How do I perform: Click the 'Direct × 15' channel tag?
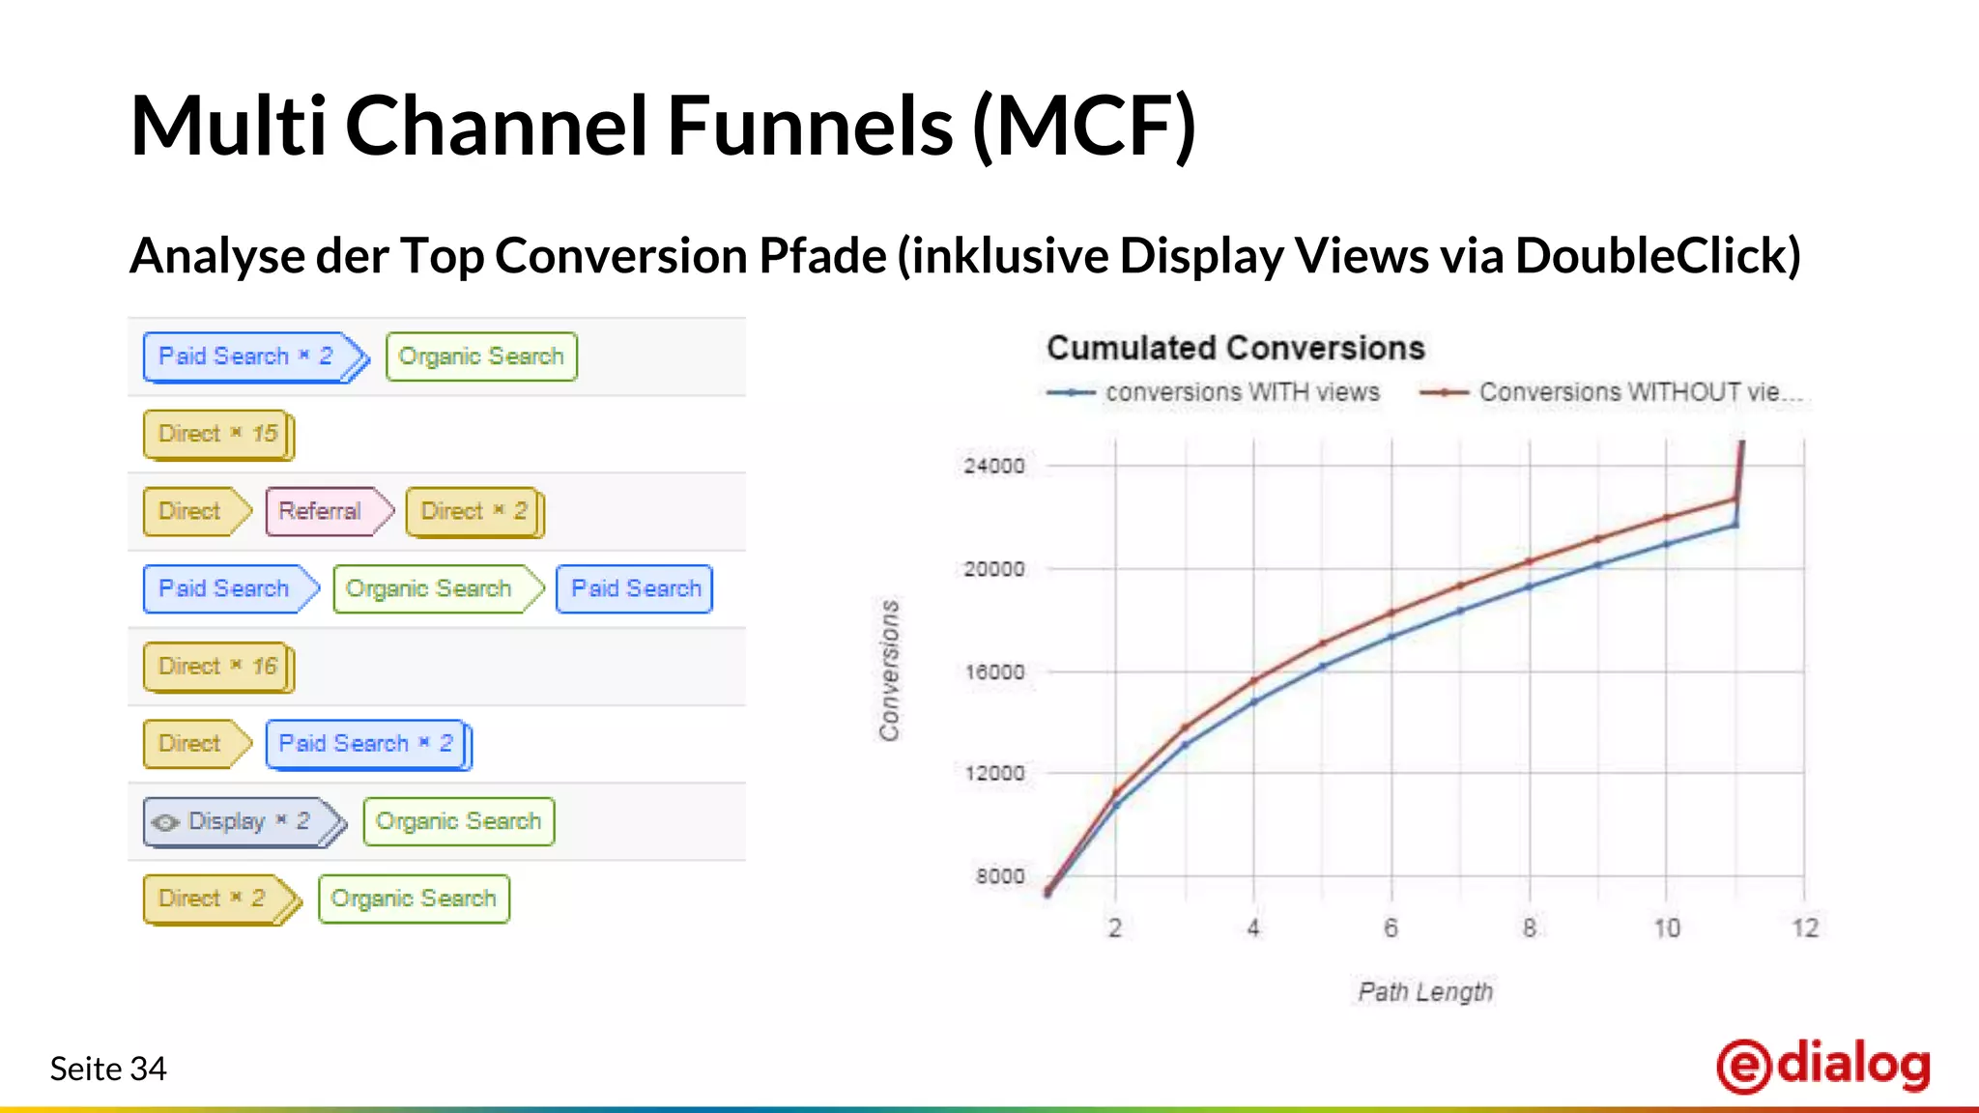[x=218, y=435]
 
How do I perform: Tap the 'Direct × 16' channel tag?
[x=218, y=667]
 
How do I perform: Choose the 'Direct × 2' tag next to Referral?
[x=473, y=511]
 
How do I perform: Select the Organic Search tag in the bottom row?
[x=414, y=899]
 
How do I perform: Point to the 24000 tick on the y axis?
[x=993, y=466]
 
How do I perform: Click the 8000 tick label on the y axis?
[x=999, y=876]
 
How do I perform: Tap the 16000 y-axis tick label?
[x=993, y=671]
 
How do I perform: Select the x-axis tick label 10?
[x=1667, y=928]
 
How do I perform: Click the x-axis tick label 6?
[x=1391, y=928]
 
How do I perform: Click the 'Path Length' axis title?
[x=1425, y=992]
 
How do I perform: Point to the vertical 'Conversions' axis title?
[x=889, y=671]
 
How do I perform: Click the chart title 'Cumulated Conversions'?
[x=1235, y=348]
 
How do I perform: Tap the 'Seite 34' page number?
[x=108, y=1069]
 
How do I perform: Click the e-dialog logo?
[x=1823, y=1066]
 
